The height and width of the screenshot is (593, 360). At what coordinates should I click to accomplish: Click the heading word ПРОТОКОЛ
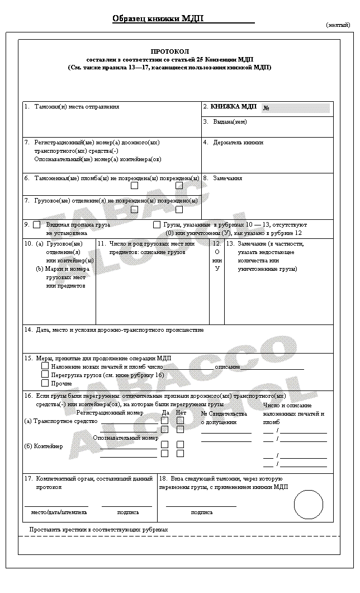click(178, 51)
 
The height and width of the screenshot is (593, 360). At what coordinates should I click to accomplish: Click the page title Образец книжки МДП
click(158, 18)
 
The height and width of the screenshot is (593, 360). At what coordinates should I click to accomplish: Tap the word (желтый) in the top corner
click(338, 25)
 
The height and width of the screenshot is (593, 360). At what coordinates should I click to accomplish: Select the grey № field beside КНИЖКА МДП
click(296, 108)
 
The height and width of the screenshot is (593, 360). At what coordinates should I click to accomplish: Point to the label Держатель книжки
click(238, 143)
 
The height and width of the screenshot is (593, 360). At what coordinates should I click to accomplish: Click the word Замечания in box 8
click(228, 178)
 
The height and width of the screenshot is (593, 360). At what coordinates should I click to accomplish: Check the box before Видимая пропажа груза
click(37, 225)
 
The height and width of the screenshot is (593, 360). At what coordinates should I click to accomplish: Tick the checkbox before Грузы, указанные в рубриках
click(157, 225)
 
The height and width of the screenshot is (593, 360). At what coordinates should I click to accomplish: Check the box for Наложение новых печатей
click(45, 366)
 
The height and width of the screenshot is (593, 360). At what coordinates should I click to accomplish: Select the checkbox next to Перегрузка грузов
click(45, 374)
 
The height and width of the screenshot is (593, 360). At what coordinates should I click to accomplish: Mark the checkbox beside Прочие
click(45, 383)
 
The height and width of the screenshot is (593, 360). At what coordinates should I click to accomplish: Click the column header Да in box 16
click(165, 413)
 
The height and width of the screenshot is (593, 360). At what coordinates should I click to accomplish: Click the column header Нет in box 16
click(181, 413)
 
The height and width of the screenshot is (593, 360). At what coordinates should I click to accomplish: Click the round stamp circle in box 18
click(308, 505)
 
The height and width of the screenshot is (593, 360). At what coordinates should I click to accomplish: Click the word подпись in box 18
click(201, 512)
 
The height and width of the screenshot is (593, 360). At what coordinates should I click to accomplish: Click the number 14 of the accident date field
click(27, 330)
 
